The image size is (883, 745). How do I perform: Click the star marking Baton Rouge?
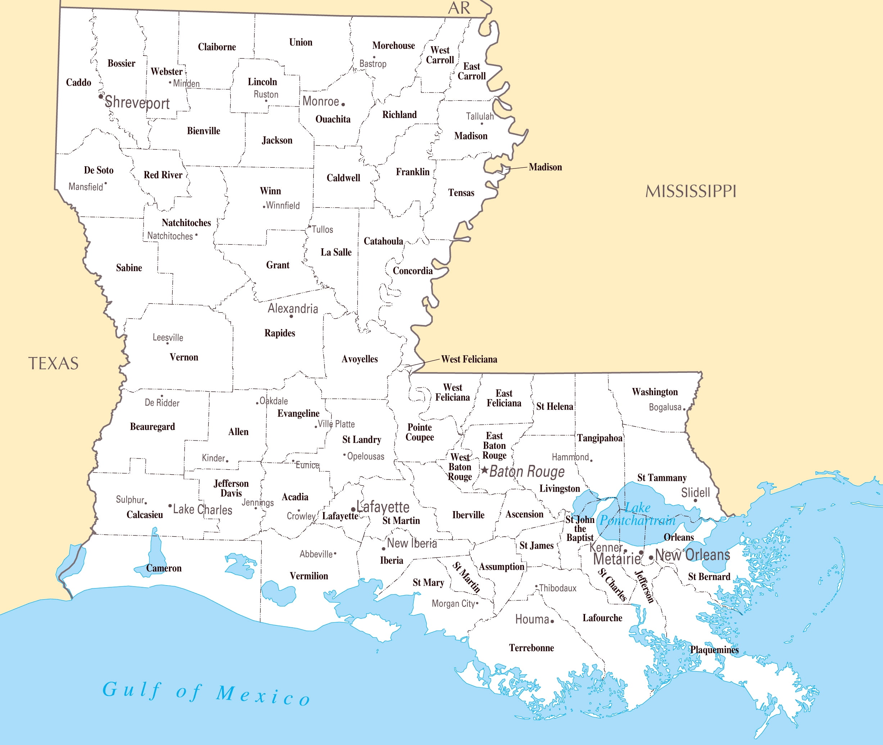485,470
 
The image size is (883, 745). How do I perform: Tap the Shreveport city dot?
100,96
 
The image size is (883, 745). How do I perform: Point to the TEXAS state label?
53,364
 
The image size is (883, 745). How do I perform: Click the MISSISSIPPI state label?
690,191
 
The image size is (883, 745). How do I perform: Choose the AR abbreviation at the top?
459,8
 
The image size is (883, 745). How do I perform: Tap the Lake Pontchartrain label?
637,514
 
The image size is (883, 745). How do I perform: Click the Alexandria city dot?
291,316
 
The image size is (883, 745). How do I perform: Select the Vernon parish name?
184,357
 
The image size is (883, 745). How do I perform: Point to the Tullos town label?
322,230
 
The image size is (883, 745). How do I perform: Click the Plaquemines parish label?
714,650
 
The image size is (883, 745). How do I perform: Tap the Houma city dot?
552,621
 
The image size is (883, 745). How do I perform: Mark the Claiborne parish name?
217,47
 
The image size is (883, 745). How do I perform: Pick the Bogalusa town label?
665,407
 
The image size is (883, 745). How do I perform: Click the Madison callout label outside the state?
545,167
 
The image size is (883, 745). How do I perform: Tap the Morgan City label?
453,604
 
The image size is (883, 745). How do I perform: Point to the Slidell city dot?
695,501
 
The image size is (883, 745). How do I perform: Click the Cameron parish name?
163,568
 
